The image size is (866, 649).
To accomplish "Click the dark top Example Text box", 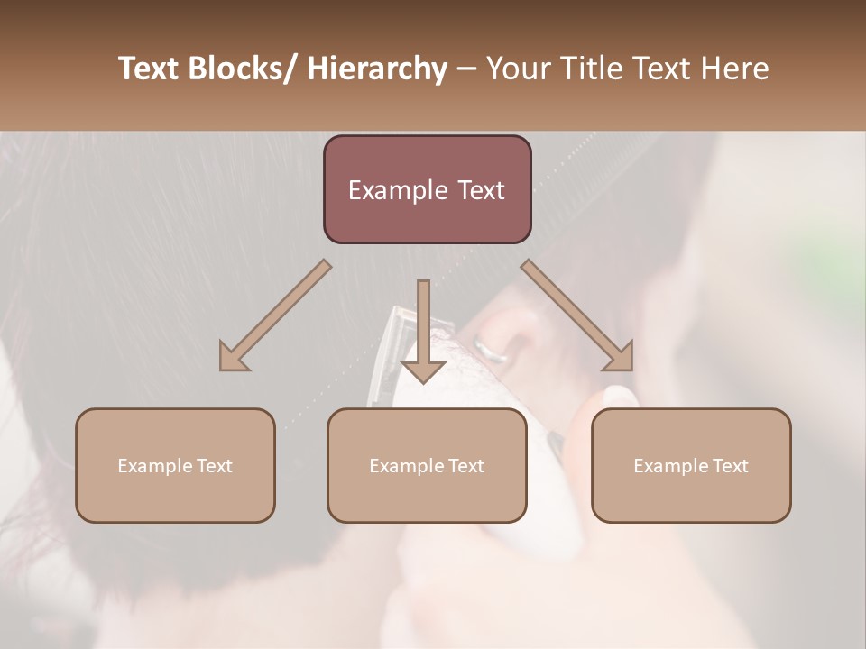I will coord(427,189).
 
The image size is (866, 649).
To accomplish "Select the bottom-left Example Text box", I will coord(175,465).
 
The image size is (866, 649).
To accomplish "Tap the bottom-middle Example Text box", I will coord(427,465).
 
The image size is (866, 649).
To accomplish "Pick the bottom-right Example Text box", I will coord(691,465).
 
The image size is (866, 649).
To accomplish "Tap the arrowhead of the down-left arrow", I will coord(233,358).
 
